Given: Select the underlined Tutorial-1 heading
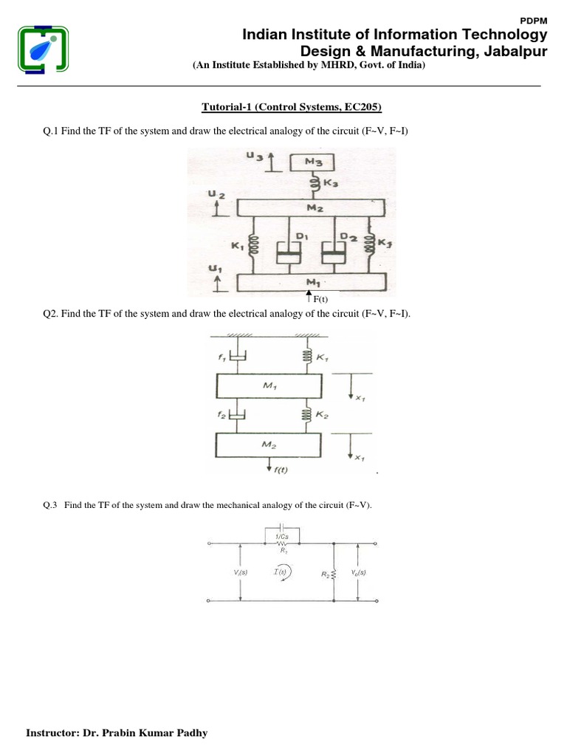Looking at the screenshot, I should tap(291, 108).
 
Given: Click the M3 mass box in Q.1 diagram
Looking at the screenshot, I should tap(314, 162).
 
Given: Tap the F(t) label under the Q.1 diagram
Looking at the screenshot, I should tap(318, 299).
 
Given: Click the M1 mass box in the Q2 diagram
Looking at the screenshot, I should tap(269, 386).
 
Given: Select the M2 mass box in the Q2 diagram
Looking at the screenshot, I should tap(269, 445).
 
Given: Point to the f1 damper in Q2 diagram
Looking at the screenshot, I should tap(236, 358).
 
